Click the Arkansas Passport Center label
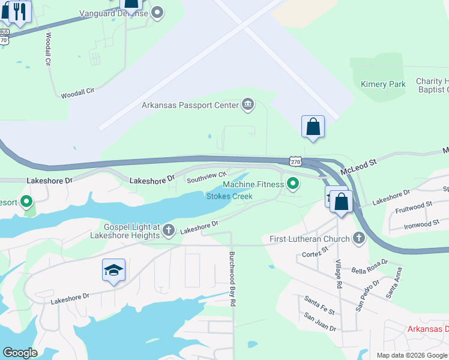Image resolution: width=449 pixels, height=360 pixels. (190, 106)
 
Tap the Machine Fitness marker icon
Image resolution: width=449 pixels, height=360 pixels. (293, 184)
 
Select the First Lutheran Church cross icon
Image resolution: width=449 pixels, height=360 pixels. (358, 239)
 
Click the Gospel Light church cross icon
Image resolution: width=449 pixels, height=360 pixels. (169, 230)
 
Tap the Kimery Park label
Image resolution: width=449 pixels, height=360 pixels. (383, 85)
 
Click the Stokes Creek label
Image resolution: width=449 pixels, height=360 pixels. (229, 196)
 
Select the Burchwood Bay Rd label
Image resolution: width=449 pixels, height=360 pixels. (232, 278)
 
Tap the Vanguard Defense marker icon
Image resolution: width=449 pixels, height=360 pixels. (158, 13)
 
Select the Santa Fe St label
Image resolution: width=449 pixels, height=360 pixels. (320, 305)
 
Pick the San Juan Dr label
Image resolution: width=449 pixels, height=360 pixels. (319, 322)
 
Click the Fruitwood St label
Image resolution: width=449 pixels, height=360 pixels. (414, 208)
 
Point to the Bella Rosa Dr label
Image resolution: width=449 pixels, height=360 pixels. (372, 266)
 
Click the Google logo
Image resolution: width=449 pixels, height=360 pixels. (20, 353)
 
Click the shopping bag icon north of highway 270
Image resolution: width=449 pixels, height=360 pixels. (313, 127)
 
